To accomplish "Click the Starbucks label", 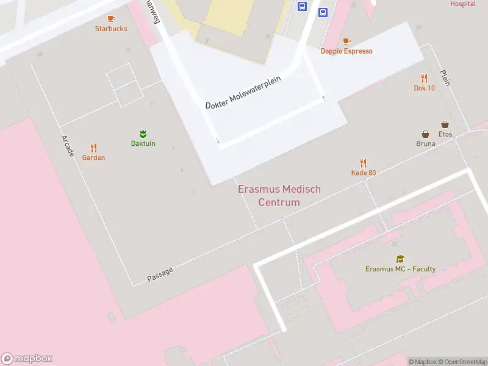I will point(111,29).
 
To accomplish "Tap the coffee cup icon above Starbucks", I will point(111,19).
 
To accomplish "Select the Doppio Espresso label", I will point(346,51).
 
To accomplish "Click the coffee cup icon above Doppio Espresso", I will point(346,41).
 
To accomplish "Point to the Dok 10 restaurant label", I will point(424,88).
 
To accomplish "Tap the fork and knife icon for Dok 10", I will point(424,78).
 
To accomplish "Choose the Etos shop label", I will point(445,134).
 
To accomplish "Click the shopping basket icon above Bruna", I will point(425,134).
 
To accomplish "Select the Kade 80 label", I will point(364,173).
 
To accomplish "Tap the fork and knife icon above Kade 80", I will point(364,163).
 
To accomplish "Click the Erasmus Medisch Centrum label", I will point(279,196).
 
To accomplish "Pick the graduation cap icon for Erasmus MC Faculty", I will point(400,259).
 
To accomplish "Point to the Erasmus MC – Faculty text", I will point(400,269).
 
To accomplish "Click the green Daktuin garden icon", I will point(143,134).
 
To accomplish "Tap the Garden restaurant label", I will point(93,157).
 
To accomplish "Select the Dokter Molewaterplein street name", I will point(246,93).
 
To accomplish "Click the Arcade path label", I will point(67,146).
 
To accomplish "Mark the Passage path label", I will point(160,274).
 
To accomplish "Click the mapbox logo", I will point(26,359).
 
